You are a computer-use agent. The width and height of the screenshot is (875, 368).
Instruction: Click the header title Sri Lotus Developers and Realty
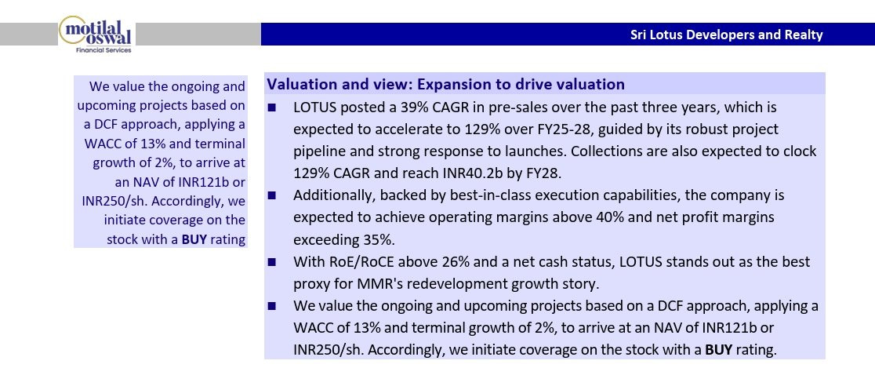click(x=727, y=35)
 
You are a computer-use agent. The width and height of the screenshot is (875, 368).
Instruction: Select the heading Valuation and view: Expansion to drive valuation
click(x=445, y=84)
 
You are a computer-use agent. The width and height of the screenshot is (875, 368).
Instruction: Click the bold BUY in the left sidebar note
click(x=194, y=239)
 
